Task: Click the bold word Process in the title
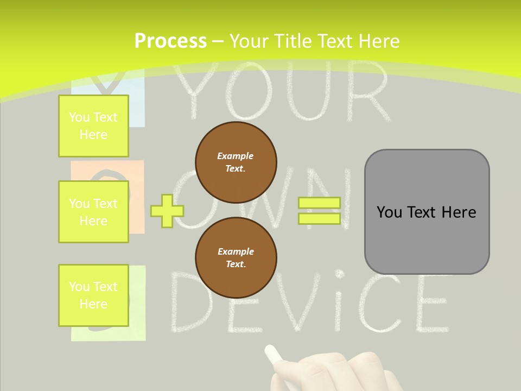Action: (170, 41)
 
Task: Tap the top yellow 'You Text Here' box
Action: (93, 126)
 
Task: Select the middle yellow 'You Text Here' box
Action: (93, 212)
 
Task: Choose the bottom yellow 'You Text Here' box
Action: (93, 295)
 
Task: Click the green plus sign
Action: (167, 211)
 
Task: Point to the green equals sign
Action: (319, 211)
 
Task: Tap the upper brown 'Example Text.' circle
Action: (236, 162)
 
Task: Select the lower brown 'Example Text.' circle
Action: (236, 258)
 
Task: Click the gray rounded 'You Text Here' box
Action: (427, 212)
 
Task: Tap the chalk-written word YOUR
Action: (282, 92)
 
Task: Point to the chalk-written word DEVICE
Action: (309, 304)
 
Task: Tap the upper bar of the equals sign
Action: (319, 203)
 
